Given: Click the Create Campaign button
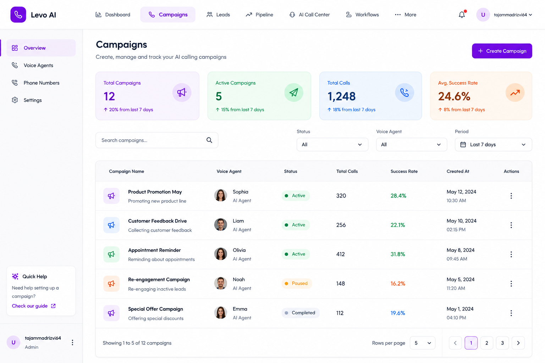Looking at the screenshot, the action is (x=502, y=51).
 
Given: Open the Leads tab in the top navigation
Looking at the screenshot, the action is (x=218, y=15).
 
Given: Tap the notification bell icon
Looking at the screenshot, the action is (x=462, y=15).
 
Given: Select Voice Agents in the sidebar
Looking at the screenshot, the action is (x=38, y=65).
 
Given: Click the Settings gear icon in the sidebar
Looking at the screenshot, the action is (x=15, y=100).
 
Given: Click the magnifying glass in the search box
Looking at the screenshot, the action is (x=209, y=140).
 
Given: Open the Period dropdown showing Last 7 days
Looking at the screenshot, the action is (x=493, y=144).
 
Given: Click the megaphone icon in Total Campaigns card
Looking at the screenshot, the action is (x=182, y=93).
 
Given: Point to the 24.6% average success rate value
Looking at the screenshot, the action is (x=454, y=96).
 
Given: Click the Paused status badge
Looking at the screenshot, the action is (x=297, y=283).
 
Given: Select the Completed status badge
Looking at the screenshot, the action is (x=301, y=313).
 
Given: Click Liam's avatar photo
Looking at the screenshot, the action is (x=220, y=225).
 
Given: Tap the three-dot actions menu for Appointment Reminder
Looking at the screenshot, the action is (x=511, y=254).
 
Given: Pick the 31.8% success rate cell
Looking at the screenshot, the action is (x=397, y=254).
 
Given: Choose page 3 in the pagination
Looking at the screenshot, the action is (x=502, y=343).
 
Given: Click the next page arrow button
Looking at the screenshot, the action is (x=518, y=343).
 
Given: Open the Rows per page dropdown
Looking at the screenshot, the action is (x=422, y=343).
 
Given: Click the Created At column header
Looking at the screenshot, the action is (x=458, y=171).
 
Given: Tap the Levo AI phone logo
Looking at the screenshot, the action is (x=18, y=15).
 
